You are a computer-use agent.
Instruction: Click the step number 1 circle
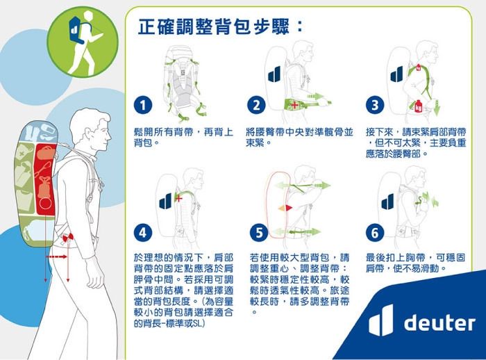click(x=143, y=106)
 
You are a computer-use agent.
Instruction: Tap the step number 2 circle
click(x=256, y=106)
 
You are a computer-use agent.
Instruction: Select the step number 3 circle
click(x=374, y=106)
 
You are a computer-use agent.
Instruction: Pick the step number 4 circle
click(x=143, y=233)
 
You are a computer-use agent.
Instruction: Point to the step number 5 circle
click(x=259, y=233)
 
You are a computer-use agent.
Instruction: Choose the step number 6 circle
click(x=374, y=233)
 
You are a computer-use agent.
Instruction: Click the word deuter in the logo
click(x=439, y=322)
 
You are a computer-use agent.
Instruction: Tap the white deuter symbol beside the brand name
click(x=381, y=320)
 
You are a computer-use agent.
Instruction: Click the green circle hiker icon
click(x=83, y=42)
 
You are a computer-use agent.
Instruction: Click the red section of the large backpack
click(x=46, y=179)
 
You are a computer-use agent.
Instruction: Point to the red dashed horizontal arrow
click(x=56, y=256)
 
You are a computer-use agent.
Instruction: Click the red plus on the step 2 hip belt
click(x=294, y=105)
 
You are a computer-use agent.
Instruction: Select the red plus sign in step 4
click(x=179, y=197)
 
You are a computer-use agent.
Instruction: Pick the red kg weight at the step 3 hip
click(x=419, y=106)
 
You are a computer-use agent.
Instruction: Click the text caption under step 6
click(x=415, y=263)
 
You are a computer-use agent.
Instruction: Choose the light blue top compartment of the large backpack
click(x=41, y=132)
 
